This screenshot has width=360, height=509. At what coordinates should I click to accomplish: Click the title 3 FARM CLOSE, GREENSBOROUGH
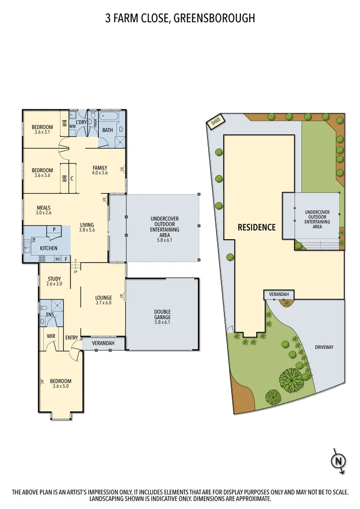point(180,19)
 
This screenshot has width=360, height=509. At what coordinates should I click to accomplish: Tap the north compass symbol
point(338,461)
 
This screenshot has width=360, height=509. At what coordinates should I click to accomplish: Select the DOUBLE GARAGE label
point(162,315)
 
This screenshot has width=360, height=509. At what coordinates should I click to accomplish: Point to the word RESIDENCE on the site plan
point(257,227)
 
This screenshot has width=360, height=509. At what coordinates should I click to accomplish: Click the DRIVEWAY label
point(324,347)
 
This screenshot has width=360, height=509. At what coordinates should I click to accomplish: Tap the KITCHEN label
point(49,248)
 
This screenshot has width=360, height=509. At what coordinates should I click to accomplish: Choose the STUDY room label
point(54,279)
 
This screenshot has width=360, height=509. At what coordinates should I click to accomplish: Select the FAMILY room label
point(100,168)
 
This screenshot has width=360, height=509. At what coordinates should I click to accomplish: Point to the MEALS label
point(44,208)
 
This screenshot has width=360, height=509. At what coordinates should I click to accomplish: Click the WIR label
point(51,336)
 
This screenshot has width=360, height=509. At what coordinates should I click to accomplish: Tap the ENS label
point(50,315)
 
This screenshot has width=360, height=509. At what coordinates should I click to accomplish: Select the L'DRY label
point(82,122)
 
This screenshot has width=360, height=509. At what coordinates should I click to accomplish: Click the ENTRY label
point(71,338)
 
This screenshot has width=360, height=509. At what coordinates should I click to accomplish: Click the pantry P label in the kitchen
point(54,230)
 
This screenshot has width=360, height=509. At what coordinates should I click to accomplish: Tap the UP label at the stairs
point(75,272)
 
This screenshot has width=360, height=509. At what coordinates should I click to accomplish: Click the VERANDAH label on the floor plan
point(103,344)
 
